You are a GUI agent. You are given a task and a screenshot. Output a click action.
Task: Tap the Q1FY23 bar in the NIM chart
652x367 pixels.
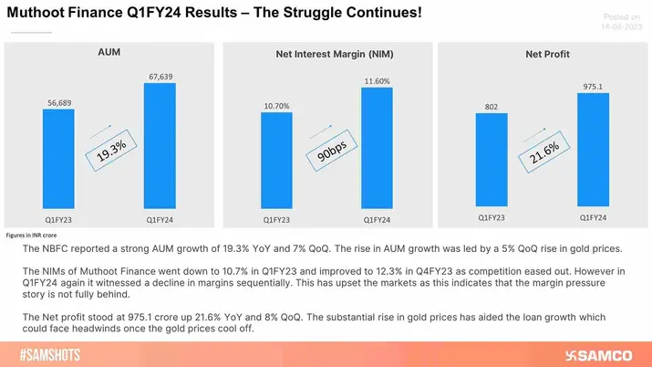click(276, 164)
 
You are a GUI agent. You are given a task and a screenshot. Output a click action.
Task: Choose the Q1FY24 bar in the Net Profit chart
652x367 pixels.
click(593, 150)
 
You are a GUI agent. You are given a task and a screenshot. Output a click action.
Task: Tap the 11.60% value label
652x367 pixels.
click(377, 81)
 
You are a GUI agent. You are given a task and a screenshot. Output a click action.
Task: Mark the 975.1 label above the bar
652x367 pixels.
click(593, 87)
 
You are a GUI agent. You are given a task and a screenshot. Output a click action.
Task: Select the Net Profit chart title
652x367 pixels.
click(547, 55)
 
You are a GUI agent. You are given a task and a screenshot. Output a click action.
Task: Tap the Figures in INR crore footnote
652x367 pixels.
click(44, 236)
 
